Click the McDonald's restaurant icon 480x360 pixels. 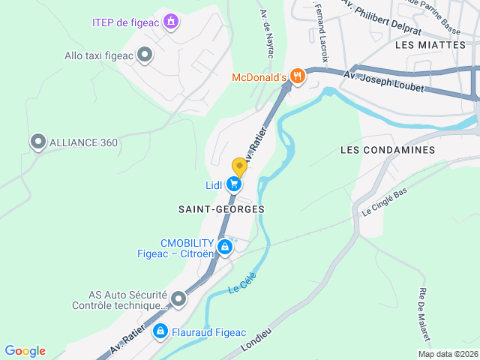pos(298,76)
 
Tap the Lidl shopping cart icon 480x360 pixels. pos(234,184)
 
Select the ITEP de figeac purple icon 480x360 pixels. pos(172,21)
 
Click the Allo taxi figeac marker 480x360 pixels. pos(145,54)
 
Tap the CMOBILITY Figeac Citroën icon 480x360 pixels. pos(223,247)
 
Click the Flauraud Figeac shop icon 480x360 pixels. pos(160,331)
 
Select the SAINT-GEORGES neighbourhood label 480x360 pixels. pos(221,208)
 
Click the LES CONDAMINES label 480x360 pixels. pos(387,150)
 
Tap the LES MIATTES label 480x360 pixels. pos(429,46)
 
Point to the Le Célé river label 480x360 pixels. pos(241,288)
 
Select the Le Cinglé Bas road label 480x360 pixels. pos(384,201)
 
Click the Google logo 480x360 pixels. pos(25,351)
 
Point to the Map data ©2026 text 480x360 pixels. pos(447,354)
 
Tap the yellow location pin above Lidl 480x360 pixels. pos(239,167)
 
